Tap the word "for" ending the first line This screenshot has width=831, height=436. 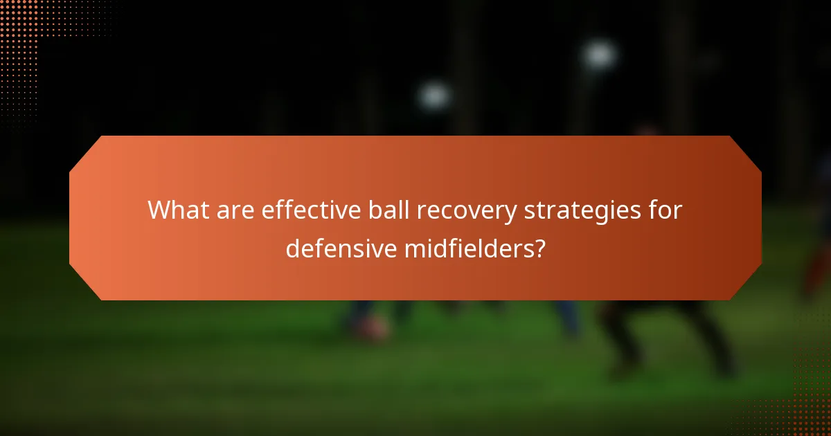(665, 209)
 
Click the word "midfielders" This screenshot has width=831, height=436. (465, 248)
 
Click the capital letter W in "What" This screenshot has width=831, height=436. (159, 209)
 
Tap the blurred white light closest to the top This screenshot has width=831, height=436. (599, 54)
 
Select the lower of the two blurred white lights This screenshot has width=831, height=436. (434, 96)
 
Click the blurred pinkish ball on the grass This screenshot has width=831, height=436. (372, 328)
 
